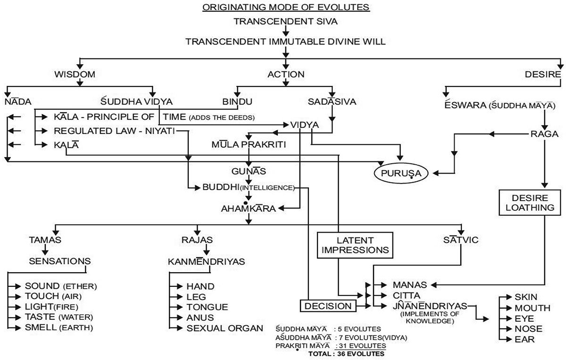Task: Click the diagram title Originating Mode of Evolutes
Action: (285, 8)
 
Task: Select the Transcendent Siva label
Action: (285, 21)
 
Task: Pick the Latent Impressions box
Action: (355, 245)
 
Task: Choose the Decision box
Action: (328, 306)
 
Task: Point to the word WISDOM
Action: (75, 75)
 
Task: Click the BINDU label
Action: (237, 101)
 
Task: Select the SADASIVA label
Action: (332, 101)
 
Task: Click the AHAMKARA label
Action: (249, 208)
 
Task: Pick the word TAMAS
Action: (45, 240)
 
